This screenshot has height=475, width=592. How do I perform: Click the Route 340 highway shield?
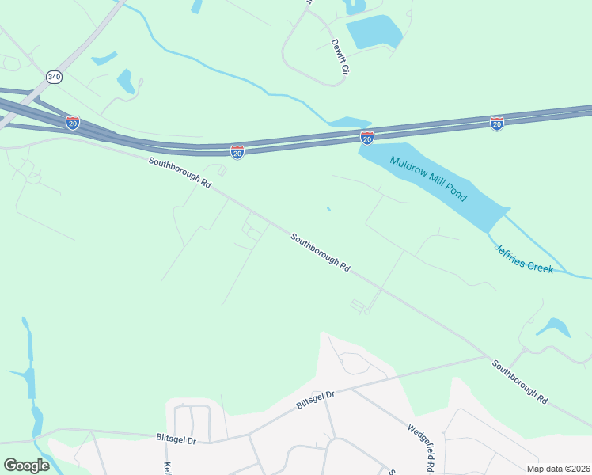click(x=54, y=77)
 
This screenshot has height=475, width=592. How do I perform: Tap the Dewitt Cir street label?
click(x=340, y=57)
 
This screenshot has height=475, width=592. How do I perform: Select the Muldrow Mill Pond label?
click(x=428, y=179)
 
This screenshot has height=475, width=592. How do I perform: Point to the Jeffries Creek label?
click(x=523, y=257)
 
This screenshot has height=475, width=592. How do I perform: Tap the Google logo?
click(x=27, y=465)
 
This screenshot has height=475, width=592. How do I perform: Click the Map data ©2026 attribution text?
click(x=559, y=468)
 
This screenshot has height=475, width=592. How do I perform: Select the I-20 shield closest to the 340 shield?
click(x=72, y=123)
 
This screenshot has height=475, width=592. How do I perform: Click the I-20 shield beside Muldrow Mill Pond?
click(x=367, y=139)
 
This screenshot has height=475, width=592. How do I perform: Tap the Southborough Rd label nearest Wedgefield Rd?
click(x=519, y=382)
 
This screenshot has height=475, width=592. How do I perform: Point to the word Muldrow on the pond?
click(x=407, y=168)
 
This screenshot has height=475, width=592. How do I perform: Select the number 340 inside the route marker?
click(x=54, y=77)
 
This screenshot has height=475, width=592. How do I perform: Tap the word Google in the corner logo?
click(x=27, y=465)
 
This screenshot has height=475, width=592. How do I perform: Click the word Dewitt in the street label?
click(x=336, y=49)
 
